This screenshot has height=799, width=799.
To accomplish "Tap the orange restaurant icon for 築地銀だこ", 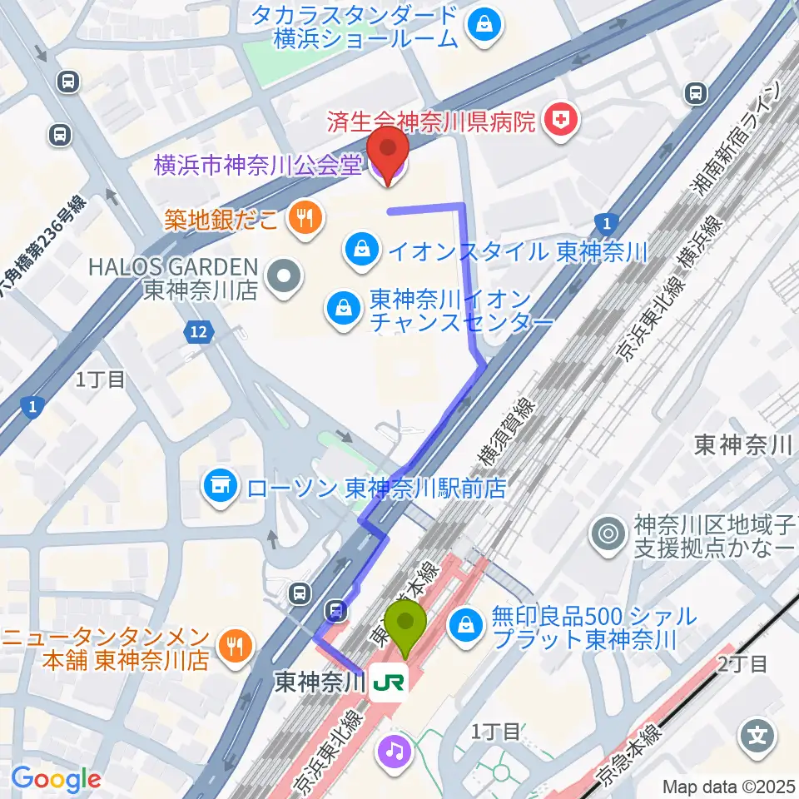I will click(x=300, y=219).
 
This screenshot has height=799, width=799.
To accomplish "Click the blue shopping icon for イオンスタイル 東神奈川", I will click(x=362, y=248).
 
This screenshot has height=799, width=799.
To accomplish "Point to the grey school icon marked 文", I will click(x=759, y=735).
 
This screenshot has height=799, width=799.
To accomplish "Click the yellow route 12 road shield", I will click(x=196, y=332).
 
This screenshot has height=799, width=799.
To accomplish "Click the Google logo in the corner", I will click(x=57, y=779).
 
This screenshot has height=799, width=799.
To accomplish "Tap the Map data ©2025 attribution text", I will click(x=728, y=786).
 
